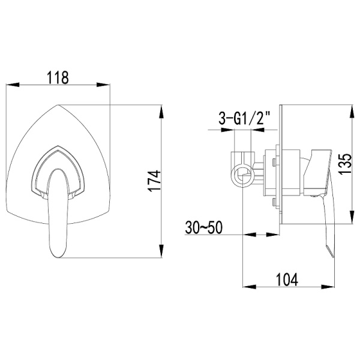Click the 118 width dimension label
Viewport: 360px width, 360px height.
click(58, 77)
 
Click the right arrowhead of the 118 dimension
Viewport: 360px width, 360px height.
click(108, 86)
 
